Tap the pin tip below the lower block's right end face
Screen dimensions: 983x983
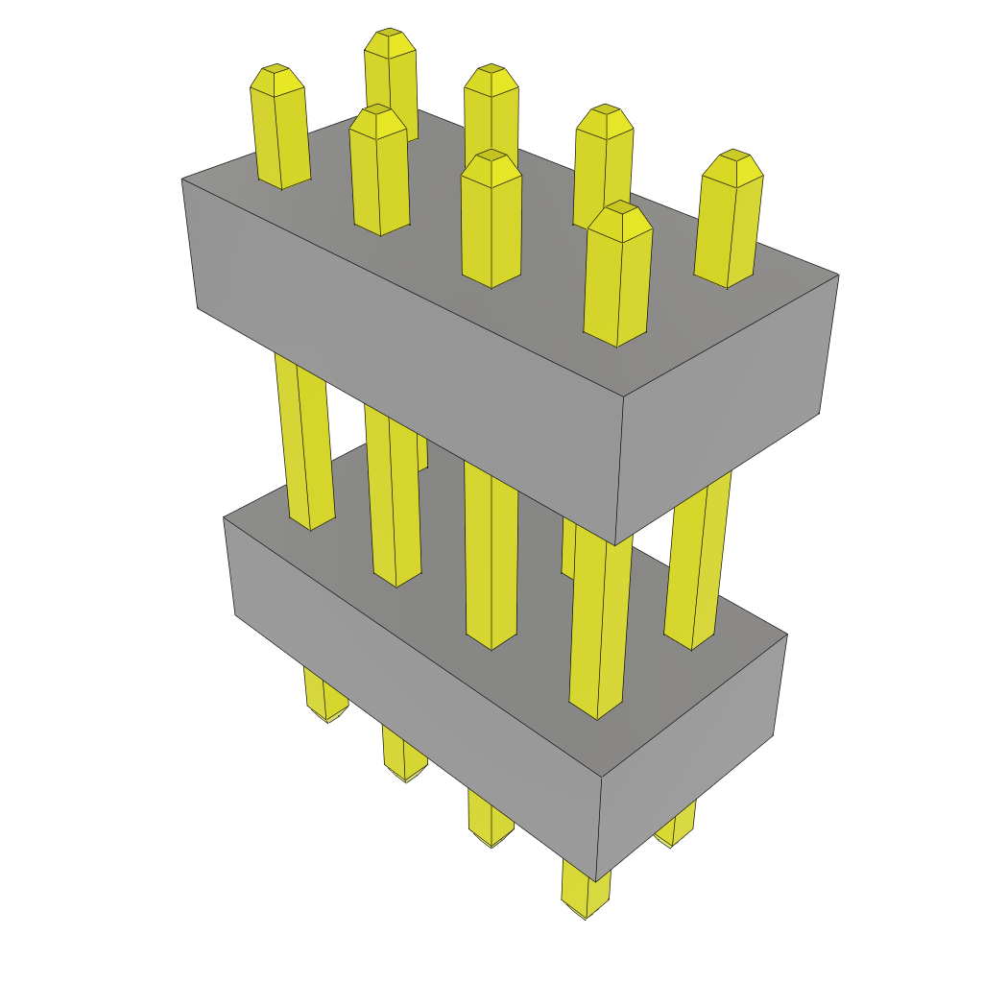click(x=676, y=830)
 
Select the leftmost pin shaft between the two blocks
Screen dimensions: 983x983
click(x=305, y=442)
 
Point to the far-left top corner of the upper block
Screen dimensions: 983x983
click(x=182, y=180)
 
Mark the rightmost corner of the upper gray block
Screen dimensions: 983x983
click(x=838, y=276)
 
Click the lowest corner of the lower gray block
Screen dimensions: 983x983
click(x=595, y=880)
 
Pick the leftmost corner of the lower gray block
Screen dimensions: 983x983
click(x=224, y=518)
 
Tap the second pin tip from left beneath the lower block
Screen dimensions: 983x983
click(x=404, y=763)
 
